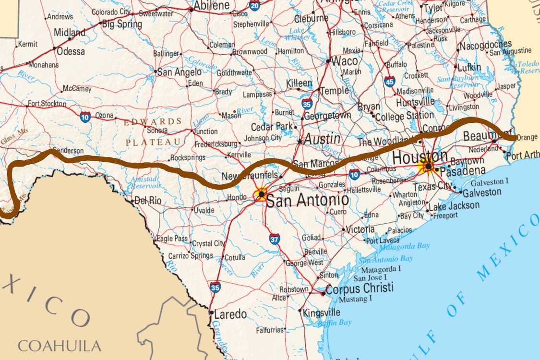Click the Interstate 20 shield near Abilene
click(x=254, y=5)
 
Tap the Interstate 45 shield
click(x=390, y=82)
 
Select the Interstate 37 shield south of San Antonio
click(x=274, y=239)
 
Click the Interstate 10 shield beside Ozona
click(x=85, y=116)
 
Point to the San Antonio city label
click(x=307, y=200)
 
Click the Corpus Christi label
click(x=359, y=289)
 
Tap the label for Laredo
click(x=230, y=315)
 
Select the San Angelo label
click(x=180, y=72)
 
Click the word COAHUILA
click(x=60, y=346)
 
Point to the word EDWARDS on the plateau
click(x=153, y=121)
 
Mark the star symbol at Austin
click(x=300, y=142)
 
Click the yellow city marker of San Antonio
click(x=261, y=194)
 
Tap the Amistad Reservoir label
click(x=147, y=182)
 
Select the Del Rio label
click(x=148, y=201)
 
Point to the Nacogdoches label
click(x=485, y=46)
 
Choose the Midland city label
click(x=69, y=33)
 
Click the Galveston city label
click(x=482, y=192)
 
